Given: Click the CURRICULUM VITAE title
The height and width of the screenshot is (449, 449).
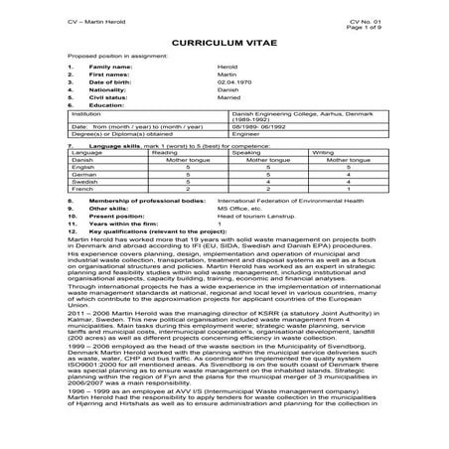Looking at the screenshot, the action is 224,45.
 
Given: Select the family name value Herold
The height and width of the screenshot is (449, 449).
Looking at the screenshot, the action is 226,66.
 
